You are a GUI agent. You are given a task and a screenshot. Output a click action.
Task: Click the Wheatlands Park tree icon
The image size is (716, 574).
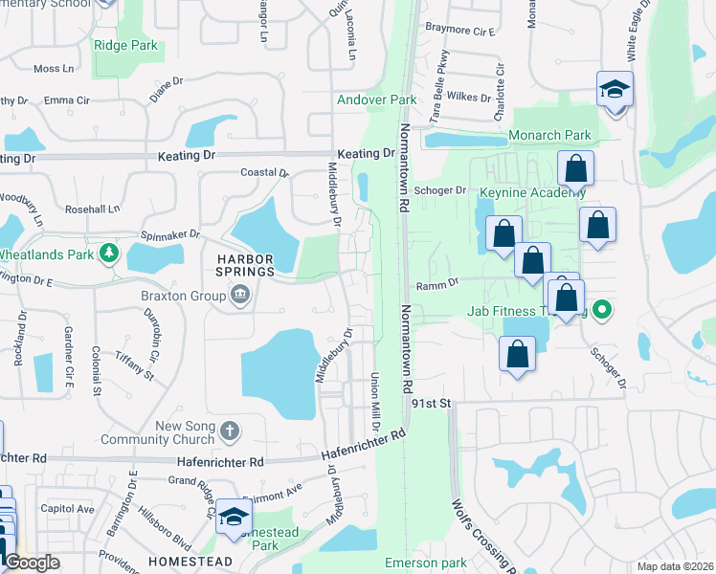coord(111,254)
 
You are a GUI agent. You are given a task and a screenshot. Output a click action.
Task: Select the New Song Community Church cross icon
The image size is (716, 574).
coord(229,431)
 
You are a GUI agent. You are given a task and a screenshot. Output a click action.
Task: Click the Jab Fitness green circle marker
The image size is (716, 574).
coord(601,310)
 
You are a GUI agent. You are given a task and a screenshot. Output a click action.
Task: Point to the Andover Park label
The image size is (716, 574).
coord(376,99)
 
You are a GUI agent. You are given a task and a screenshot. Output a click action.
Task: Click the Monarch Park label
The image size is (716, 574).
coord(549,136)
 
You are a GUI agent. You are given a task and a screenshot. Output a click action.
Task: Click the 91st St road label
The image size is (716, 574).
coord(431,405)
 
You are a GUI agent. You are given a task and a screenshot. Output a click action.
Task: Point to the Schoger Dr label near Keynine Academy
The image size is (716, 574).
coord(440,190)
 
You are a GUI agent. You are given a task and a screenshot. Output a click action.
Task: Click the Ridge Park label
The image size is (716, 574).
coord(124,44)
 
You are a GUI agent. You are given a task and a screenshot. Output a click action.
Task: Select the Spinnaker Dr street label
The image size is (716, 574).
coord(171,233)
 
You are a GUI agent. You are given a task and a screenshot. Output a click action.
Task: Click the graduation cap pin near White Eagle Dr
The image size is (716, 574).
coord(615,90)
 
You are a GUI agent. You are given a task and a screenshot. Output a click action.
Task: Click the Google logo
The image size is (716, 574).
coord(31,563)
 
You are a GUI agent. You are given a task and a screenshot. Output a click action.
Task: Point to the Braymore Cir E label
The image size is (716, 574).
coord(460,32)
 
